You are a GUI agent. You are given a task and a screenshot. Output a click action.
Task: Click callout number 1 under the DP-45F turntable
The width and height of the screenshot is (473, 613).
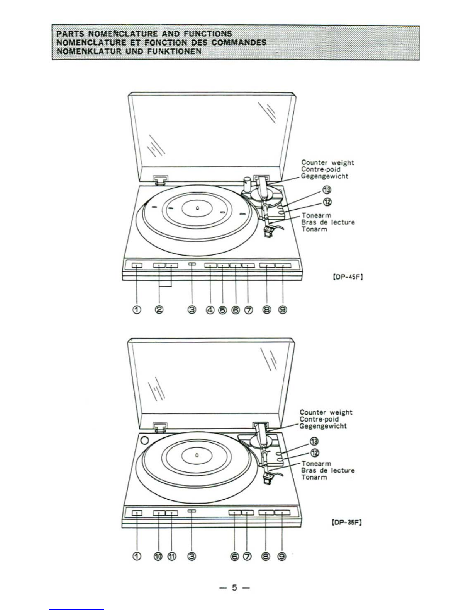pyautogui.click(x=137, y=310)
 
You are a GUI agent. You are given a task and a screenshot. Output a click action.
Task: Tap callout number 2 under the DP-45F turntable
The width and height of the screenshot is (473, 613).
pyautogui.click(x=159, y=310)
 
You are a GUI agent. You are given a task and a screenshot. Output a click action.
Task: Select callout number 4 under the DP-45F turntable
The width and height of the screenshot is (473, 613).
pyautogui.click(x=210, y=310)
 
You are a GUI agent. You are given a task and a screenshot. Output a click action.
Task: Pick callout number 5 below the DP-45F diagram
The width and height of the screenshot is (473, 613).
pyautogui.click(x=222, y=310)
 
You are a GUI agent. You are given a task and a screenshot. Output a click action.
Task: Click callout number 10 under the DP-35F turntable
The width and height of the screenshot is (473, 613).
pyautogui.click(x=158, y=556)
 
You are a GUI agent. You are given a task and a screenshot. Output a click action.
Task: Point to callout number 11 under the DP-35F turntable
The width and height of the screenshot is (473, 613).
pyautogui.click(x=172, y=556)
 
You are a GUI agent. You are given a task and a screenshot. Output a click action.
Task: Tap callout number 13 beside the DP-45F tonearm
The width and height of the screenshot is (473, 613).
pyautogui.click(x=327, y=190)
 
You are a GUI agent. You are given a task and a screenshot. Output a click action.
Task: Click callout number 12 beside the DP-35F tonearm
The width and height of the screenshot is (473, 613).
pyautogui.click(x=315, y=453)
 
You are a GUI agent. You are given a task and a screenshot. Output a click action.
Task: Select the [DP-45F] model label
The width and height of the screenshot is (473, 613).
pyautogui.click(x=348, y=277)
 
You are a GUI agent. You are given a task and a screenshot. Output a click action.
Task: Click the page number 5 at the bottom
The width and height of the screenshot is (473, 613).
pyautogui.click(x=234, y=587)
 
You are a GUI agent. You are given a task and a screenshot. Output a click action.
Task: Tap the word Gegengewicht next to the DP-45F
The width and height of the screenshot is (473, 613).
pyautogui.click(x=325, y=176)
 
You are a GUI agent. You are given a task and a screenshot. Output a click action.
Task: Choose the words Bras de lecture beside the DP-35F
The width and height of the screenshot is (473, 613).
pyautogui.click(x=328, y=471)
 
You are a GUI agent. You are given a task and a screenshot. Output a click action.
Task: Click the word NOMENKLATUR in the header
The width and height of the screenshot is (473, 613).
pyautogui.click(x=89, y=51)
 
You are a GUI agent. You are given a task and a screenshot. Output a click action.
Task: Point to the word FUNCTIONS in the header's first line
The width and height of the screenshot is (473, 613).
pyautogui.click(x=208, y=34)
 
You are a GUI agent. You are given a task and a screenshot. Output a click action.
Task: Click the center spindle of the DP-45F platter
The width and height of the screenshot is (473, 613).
pyautogui.click(x=197, y=208)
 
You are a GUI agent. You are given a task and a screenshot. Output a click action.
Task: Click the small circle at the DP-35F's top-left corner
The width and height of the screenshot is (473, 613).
pyautogui.click(x=144, y=441)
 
